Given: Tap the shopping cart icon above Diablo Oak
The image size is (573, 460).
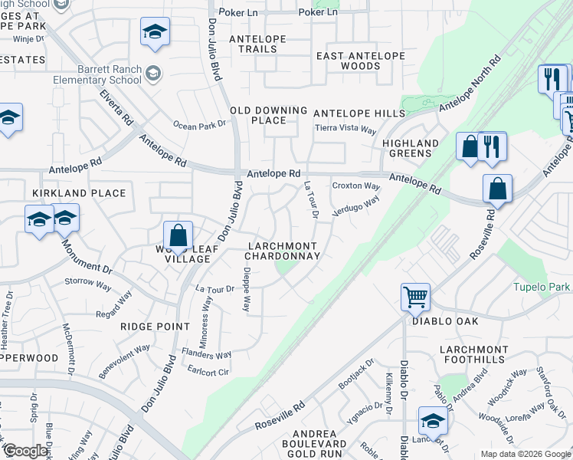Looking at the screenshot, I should (415, 297).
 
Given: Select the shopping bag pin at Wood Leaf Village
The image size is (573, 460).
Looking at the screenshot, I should (178, 237).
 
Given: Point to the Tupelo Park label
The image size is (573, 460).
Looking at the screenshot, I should (542, 287).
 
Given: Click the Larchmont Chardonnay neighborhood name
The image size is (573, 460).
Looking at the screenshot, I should (282, 251).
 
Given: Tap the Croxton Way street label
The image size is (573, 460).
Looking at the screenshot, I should (356, 186).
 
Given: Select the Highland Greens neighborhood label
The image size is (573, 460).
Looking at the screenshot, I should (411, 148).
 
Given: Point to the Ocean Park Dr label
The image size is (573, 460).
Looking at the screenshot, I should (199, 125).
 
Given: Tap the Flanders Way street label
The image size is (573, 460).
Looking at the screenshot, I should (206, 354).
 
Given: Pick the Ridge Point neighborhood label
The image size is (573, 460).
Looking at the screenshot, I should (155, 327).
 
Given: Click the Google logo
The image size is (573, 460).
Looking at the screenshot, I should (26, 452).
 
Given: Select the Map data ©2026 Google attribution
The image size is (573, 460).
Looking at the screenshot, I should (526, 454).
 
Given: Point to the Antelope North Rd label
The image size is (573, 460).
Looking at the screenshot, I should (469, 84).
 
